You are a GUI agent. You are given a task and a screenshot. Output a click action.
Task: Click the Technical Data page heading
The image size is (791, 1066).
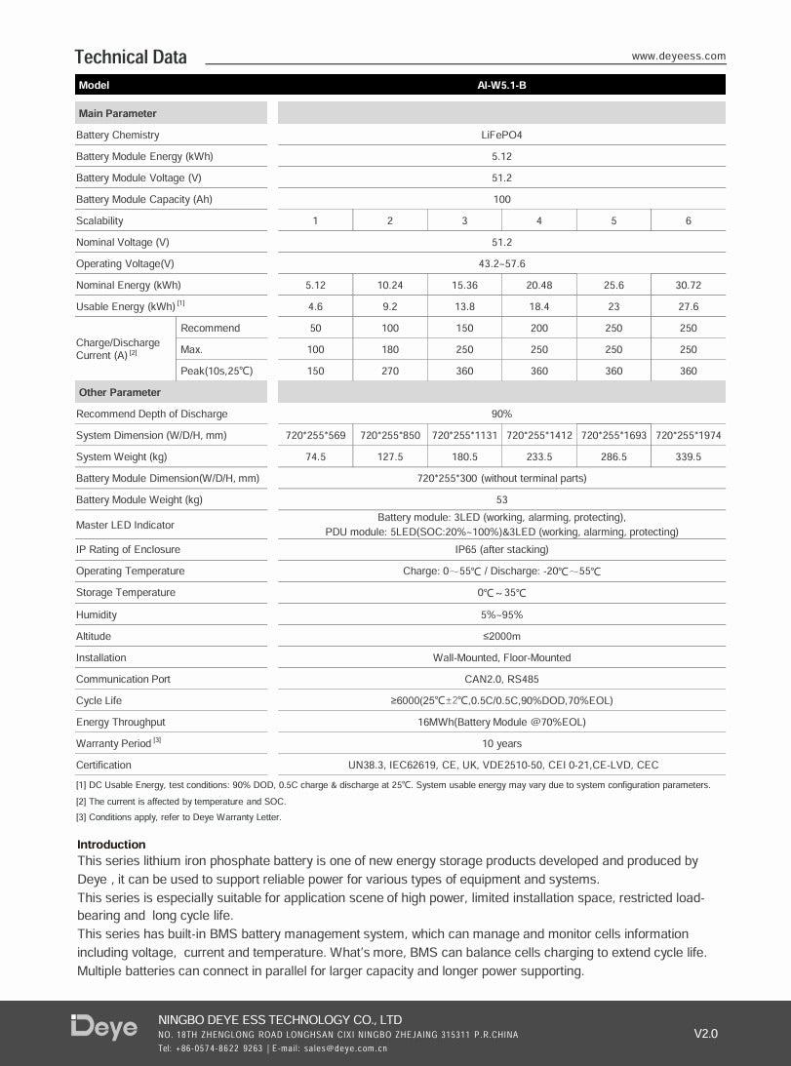click(x=131, y=57)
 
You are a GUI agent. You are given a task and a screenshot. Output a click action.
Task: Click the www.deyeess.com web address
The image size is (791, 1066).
click(x=678, y=57)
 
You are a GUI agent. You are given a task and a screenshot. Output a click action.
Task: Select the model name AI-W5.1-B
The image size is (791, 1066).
click(x=501, y=86)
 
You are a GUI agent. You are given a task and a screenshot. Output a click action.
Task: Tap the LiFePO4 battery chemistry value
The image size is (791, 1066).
click(x=501, y=135)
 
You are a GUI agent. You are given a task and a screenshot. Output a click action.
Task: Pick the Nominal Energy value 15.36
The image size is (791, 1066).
click(x=464, y=286)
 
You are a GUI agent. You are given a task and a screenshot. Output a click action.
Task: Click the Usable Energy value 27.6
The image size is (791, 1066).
click(x=688, y=307)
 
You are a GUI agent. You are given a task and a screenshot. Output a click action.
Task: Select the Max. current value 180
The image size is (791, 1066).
click(x=390, y=349)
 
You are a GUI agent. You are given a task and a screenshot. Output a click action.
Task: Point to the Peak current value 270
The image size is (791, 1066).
click(x=390, y=371)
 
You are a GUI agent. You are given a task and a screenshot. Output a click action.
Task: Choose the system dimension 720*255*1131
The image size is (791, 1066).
click(x=464, y=435)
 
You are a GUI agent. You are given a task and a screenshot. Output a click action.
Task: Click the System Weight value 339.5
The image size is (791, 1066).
click(x=688, y=456)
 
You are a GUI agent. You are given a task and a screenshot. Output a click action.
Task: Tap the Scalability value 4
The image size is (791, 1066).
click(x=539, y=221)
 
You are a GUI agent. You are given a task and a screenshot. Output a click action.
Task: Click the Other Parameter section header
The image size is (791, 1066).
click(x=120, y=392)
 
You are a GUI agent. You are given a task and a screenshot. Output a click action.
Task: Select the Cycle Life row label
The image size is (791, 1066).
click(x=99, y=700)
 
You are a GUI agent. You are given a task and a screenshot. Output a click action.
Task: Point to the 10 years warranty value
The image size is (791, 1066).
click(x=501, y=743)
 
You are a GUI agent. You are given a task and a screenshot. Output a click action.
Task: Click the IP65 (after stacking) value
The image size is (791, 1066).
click(x=501, y=549)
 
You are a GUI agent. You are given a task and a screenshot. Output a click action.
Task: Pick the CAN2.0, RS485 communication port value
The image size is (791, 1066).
click(x=501, y=679)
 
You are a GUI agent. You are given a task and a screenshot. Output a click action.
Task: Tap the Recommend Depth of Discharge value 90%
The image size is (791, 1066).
click(x=501, y=414)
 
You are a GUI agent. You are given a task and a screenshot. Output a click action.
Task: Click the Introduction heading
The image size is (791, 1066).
click(x=111, y=845)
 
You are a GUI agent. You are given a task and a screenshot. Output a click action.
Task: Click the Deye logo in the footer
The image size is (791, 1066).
click(x=104, y=1027)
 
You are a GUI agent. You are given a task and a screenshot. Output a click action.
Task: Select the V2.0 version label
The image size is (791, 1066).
click(x=705, y=1033)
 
